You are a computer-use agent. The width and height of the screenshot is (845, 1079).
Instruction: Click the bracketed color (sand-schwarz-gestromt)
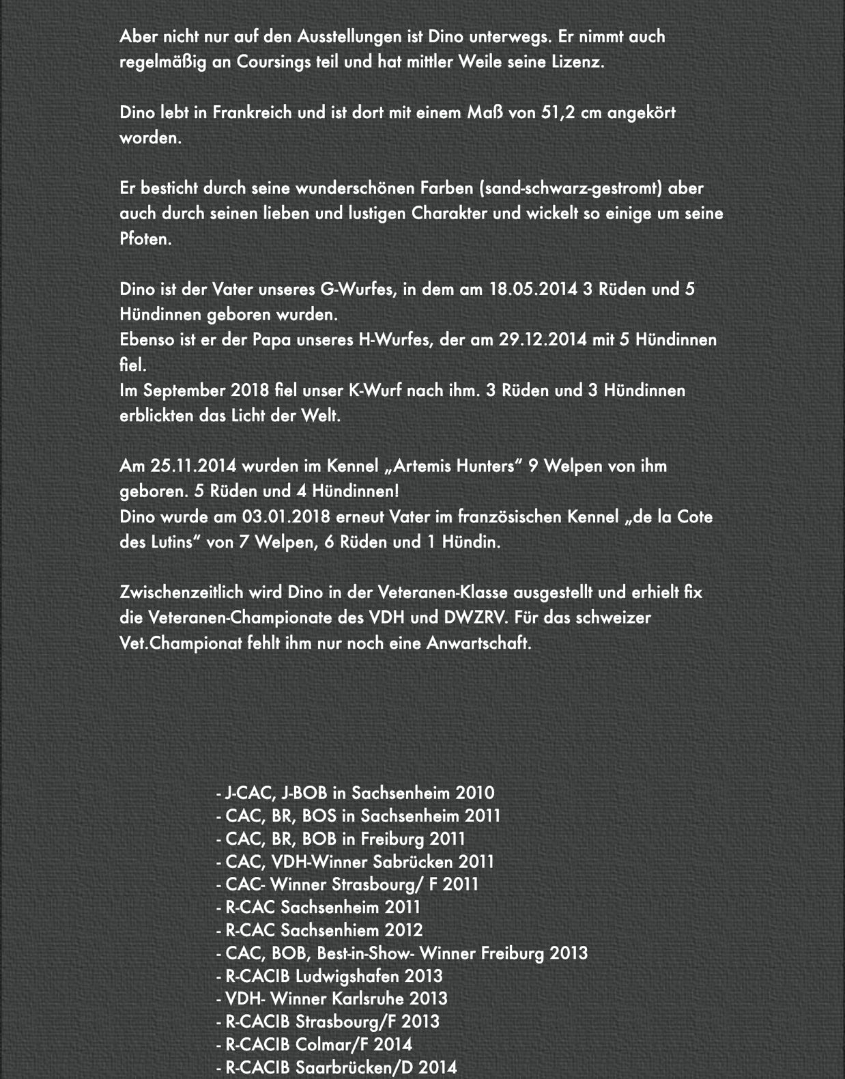pyautogui.click(x=571, y=188)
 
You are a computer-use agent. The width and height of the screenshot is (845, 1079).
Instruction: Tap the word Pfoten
pyautogui.click(x=145, y=239)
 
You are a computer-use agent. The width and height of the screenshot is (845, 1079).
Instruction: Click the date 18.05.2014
pyautogui.click(x=533, y=289)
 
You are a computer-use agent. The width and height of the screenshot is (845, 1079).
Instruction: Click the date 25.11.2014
pyautogui.click(x=193, y=466)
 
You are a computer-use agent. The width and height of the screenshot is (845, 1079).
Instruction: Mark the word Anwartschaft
pyautogui.click(x=478, y=643)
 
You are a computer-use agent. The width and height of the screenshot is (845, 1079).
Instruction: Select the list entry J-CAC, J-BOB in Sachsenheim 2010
pyautogui.click(x=355, y=793)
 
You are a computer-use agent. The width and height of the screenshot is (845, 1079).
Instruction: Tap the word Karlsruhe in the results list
pyautogui.click(x=368, y=998)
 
